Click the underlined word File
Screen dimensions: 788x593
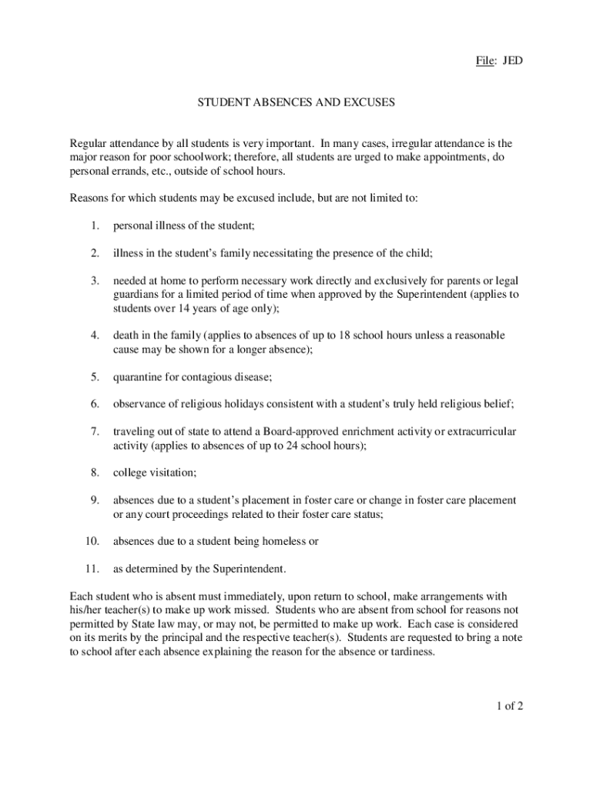click(484, 59)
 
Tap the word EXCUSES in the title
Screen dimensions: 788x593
click(364, 102)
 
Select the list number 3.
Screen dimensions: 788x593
click(94, 281)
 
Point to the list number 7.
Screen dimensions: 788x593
click(94, 432)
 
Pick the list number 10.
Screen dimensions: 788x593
click(92, 541)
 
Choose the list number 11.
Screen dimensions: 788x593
click(92, 569)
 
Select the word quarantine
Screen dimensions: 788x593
click(141, 377)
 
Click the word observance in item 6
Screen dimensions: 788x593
click(142, 404)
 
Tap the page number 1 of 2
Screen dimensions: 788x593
click(509, 707)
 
